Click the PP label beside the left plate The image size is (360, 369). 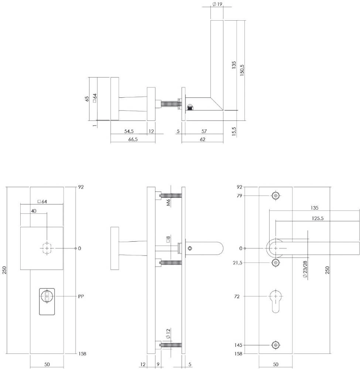tap(82, 296)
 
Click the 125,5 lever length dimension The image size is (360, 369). tap(318, 218)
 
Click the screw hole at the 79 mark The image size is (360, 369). tap(275, 195)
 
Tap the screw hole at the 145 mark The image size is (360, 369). tap(275, 345)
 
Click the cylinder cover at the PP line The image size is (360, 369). tap(47, 301)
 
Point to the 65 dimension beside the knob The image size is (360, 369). tap(87, 99)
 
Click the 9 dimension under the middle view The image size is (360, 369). tap(158, 365)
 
